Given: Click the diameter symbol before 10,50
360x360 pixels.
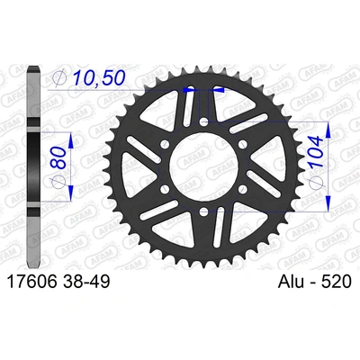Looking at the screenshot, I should click(59, 80).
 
